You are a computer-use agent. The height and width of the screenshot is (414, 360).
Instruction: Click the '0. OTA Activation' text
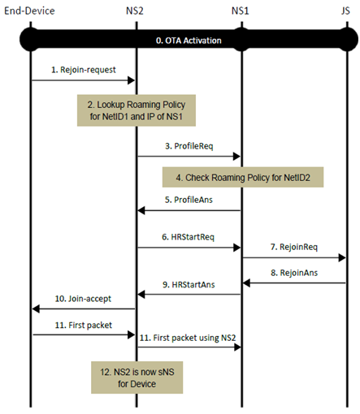click(189, 40)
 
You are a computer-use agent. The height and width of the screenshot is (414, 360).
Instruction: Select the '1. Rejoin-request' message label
click(83, 70)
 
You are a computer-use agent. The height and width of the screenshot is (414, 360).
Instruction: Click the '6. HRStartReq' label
click(188, 236)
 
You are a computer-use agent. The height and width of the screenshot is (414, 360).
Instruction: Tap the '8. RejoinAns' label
click(293, 274)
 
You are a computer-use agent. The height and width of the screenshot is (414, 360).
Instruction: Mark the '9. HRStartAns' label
click(188, 284)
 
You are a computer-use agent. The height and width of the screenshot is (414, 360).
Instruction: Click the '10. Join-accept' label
click(83, 299)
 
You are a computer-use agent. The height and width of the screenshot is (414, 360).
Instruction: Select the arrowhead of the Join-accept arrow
click(35, 309)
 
